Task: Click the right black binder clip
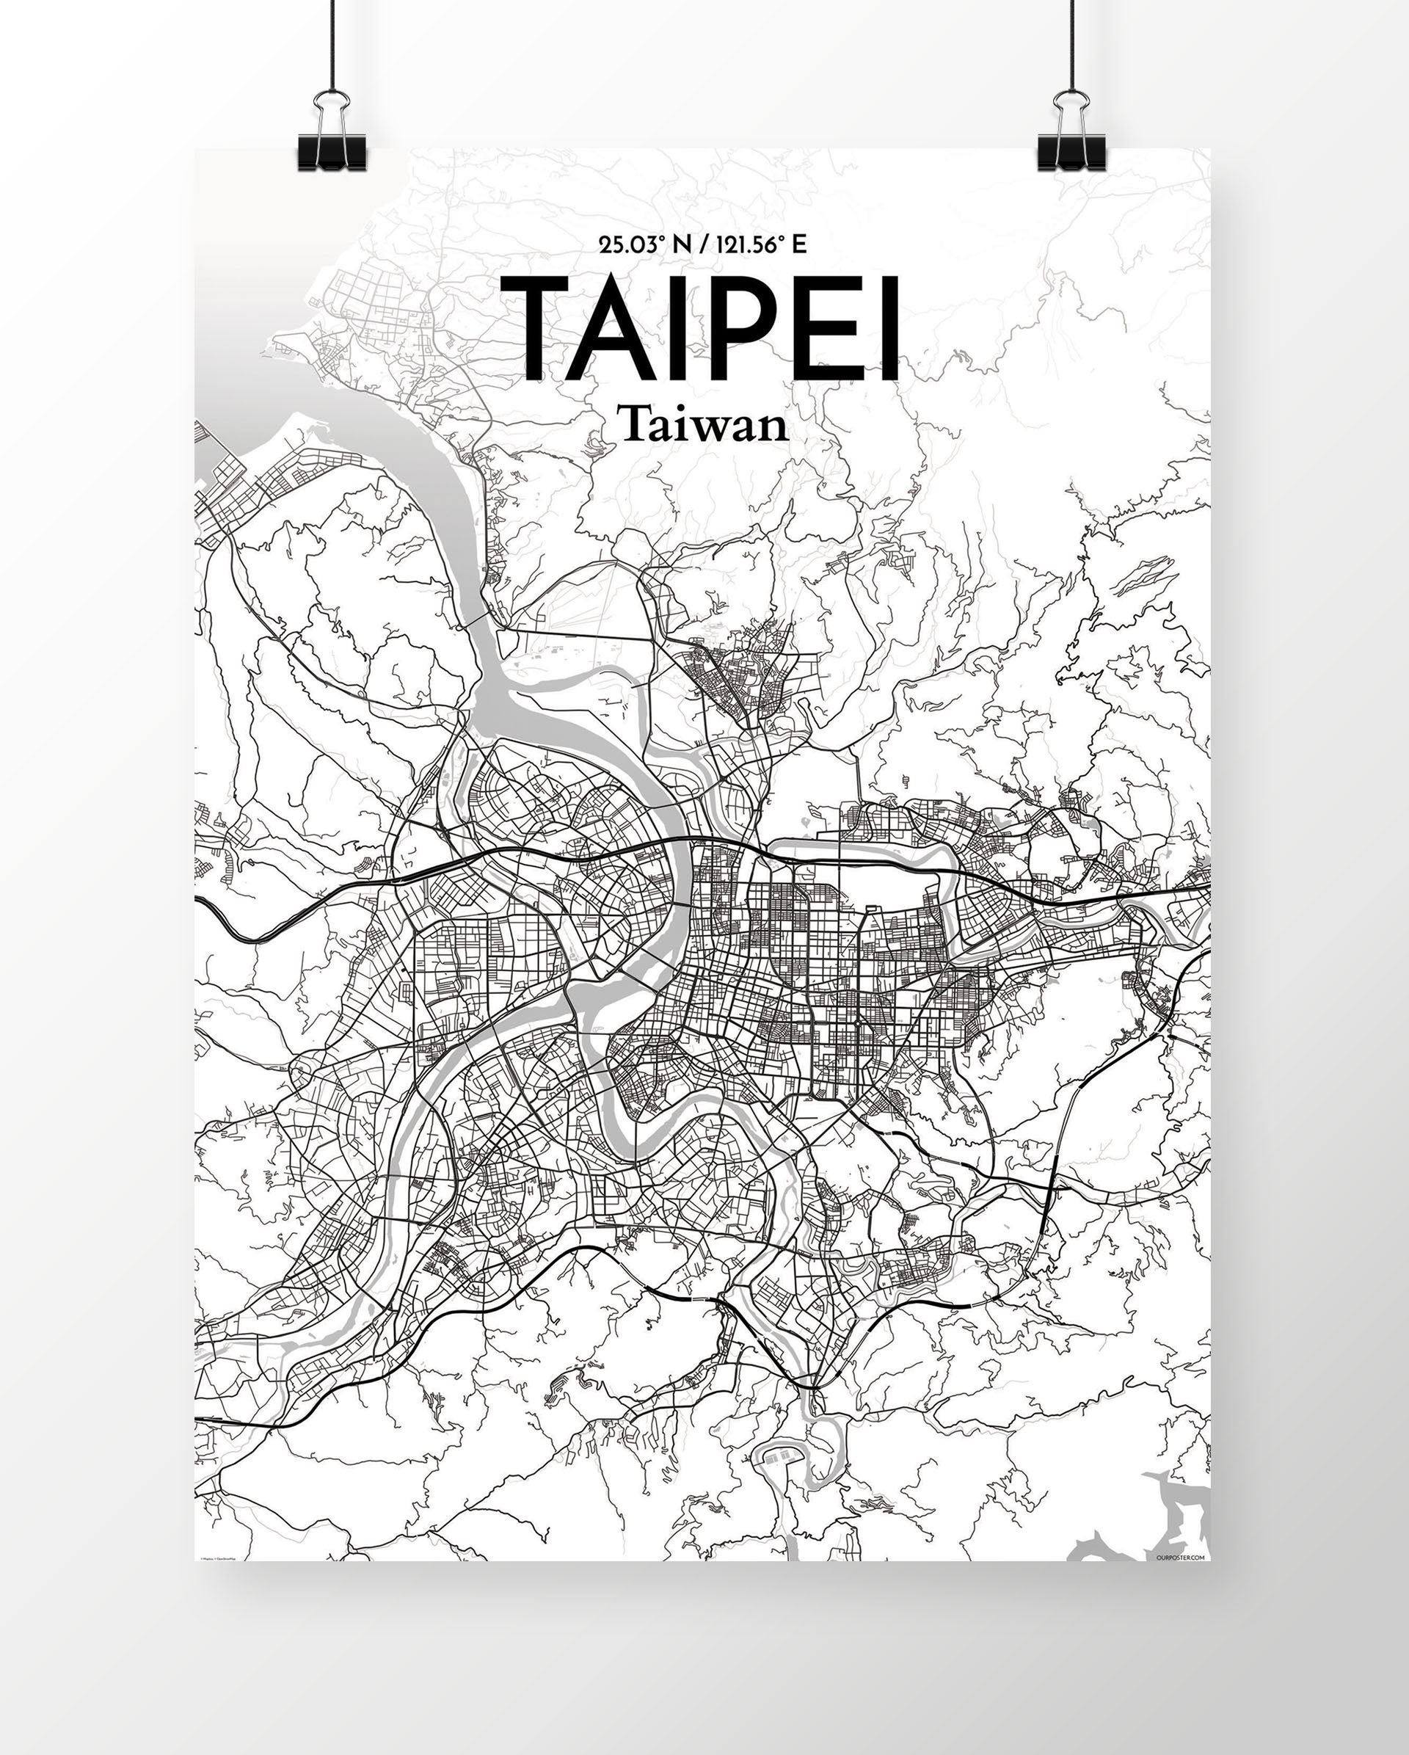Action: click(1071, 152)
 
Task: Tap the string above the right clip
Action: click(1072, 40)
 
